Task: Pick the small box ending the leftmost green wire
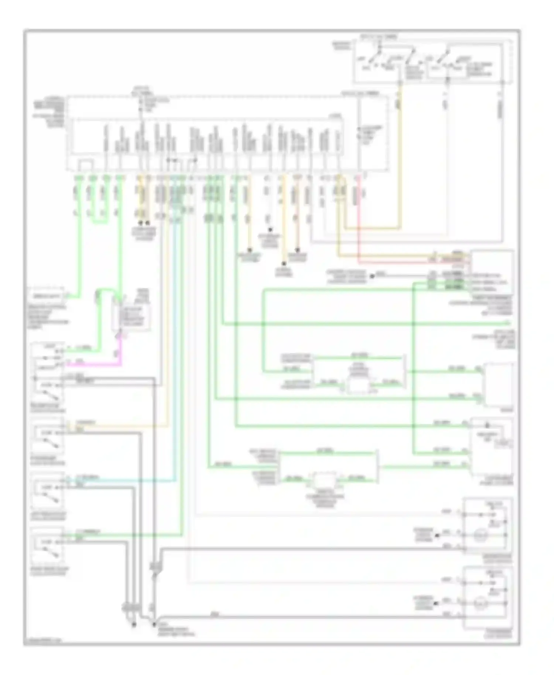47,295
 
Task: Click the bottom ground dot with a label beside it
154,625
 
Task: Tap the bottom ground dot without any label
134,625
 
